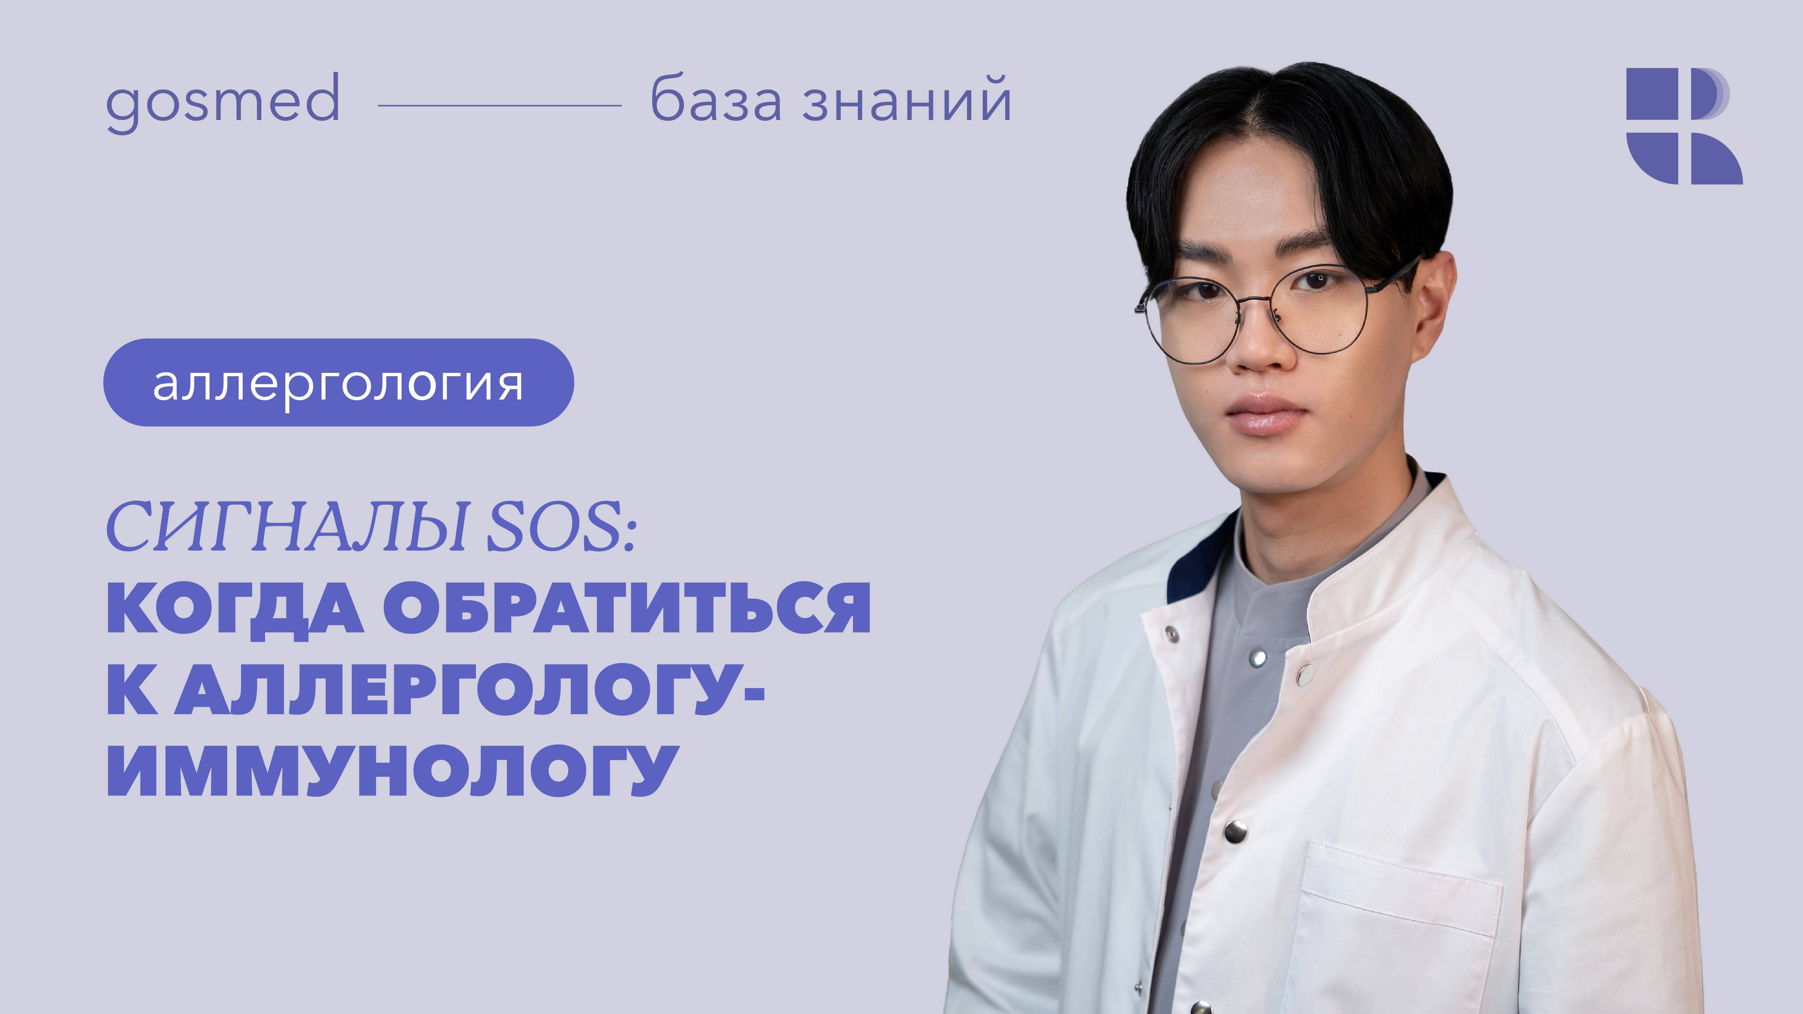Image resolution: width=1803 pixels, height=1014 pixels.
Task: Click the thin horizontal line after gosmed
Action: [x=499, y=106]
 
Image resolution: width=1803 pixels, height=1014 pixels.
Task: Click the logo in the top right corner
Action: [x=1683, y=126]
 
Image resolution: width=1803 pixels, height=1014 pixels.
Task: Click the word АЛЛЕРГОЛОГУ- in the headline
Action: [x=469, y=689]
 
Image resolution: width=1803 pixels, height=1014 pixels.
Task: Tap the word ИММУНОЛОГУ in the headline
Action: [x=392, y=770]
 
